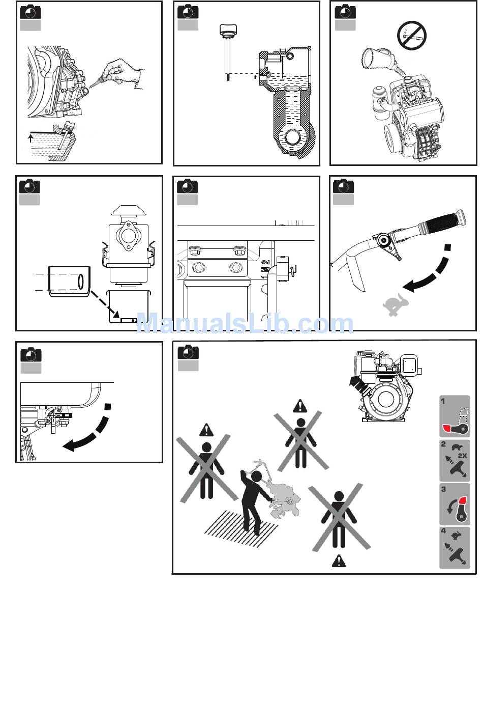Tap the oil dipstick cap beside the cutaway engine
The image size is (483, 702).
point(227,29)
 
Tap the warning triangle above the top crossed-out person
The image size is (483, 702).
point(300,406)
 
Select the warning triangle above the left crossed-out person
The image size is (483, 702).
point(206,430)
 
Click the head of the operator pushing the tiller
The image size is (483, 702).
point(256,476)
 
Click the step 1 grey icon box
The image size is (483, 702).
point(455,416)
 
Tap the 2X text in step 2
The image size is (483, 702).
point(462,456)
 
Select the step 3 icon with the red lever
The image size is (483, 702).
point(455,504)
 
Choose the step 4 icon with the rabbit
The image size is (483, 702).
point(455,548)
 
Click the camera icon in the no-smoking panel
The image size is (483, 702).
point(345,11)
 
